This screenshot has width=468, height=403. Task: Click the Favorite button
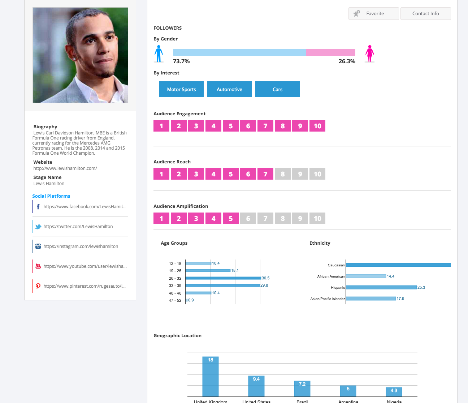pos(374,14)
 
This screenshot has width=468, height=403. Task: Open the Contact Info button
pos(425,14)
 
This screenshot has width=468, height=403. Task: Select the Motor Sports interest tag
pos(181,89)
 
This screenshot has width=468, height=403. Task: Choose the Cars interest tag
pos(277,89)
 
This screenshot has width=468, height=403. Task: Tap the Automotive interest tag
pos(229,89)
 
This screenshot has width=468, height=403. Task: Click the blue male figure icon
pos(159,54)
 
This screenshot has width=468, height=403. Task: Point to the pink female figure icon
pos(369,54)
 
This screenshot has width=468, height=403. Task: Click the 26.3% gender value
pos(347,61)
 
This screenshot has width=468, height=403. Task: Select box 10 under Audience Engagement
pos(317,126)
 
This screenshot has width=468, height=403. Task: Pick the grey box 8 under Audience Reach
pos(283,174)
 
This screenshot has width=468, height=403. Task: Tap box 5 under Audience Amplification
pos(231,218)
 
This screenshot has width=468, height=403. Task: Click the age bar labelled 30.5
pos(223,278)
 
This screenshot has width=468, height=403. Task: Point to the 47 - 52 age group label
pos(175,300)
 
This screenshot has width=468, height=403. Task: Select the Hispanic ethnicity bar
pos(381,287)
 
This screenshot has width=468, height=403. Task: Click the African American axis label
pos(331,276)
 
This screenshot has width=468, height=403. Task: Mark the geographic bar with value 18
pos(211,377)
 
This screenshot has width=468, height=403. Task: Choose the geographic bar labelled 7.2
pos(302,389)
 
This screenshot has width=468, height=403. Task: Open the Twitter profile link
pos(78,227)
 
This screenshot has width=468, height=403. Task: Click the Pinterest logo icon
pos(38,286)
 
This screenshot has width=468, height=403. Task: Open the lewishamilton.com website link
pos(65,168)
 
